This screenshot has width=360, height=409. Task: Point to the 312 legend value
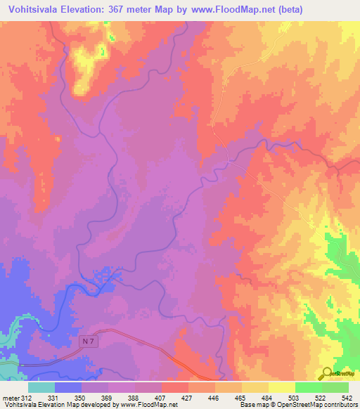(27, 398)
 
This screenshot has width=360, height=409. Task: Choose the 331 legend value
(53, 398)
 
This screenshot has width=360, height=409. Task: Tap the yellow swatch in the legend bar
(281, 387)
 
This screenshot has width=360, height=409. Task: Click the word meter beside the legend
(11, 398)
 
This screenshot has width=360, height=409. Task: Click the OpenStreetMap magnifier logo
(327, 372)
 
